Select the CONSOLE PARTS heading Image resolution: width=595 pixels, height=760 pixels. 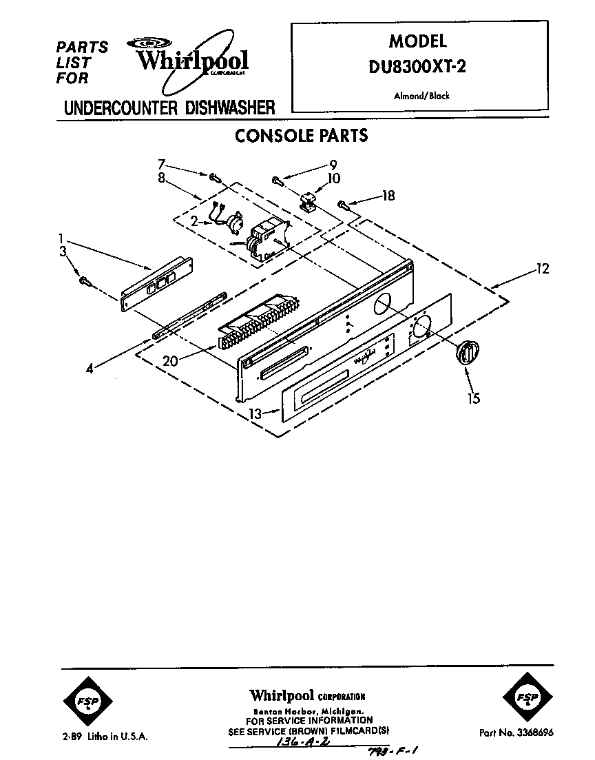[x=301, y=136]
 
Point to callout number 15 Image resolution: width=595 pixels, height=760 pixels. [x=474, y=398]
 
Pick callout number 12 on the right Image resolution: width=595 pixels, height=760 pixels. [x=543, y=269]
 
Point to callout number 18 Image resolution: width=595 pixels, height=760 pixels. [x=389, y=196]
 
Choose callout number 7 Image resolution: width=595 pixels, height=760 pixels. [x=162, y=164]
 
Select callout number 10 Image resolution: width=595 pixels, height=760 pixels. [x=333, y=178]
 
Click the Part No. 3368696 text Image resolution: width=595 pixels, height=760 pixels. [x=516, y=732]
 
